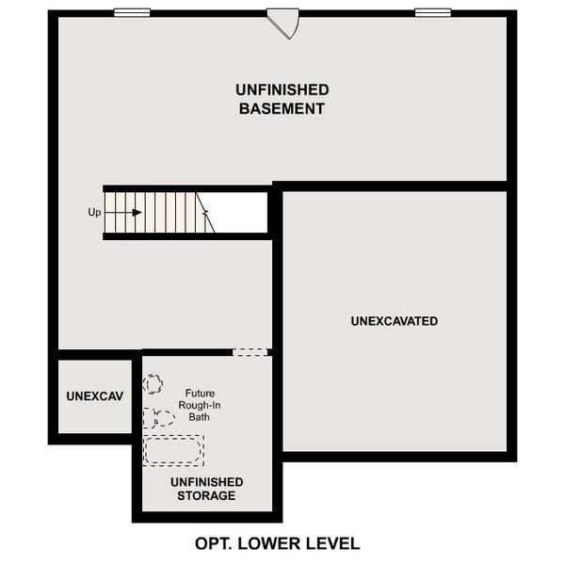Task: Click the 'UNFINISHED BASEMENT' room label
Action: (x=282, y=99)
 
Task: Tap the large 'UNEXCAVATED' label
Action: (x=394, y=321)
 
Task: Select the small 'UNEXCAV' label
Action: (x=94, y=396)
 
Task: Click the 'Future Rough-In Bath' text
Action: (x=203, y=405)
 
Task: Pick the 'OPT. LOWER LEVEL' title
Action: (x=277, y=543)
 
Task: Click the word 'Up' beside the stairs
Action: (x=94, y=213)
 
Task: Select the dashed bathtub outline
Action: (x=172, y=449)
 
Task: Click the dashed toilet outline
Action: (x=160, y=417)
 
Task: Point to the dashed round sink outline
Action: (x=153, y=384)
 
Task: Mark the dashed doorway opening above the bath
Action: (x=250, y=352)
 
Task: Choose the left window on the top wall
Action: (x=132, y=12)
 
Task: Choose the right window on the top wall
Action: (x=432, y=12)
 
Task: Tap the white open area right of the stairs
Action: (x=240, y=212)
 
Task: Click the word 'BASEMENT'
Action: (x=282, y=108)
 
